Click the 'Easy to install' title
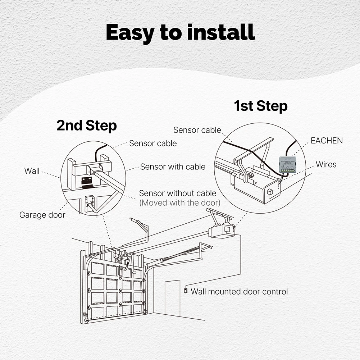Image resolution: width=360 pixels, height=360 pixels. click(180, 33)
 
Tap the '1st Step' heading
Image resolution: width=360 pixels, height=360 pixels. click(260, 106)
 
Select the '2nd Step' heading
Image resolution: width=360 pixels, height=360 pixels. click(86, 126)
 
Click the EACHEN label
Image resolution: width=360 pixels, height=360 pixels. click(327, 141)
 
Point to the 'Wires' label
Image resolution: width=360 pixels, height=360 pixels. click(326, 164)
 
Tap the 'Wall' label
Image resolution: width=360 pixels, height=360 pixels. click(32, 171)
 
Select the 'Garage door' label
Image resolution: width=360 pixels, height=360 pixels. click(42, 215)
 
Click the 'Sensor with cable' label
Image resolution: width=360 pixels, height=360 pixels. click(173, 167)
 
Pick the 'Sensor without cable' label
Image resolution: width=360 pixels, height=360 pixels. click(178, 193)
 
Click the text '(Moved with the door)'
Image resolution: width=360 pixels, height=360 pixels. click(179, 202)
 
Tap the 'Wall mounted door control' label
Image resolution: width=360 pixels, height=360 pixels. click(239, 291)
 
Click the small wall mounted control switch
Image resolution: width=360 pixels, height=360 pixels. click(186, 290)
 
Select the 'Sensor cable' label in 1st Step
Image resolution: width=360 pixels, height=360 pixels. click(197, 130)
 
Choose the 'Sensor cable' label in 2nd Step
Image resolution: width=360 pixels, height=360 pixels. click(153, 143)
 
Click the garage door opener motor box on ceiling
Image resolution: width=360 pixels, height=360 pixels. click(223, 230)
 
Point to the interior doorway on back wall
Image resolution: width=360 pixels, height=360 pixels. click(172, 298)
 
